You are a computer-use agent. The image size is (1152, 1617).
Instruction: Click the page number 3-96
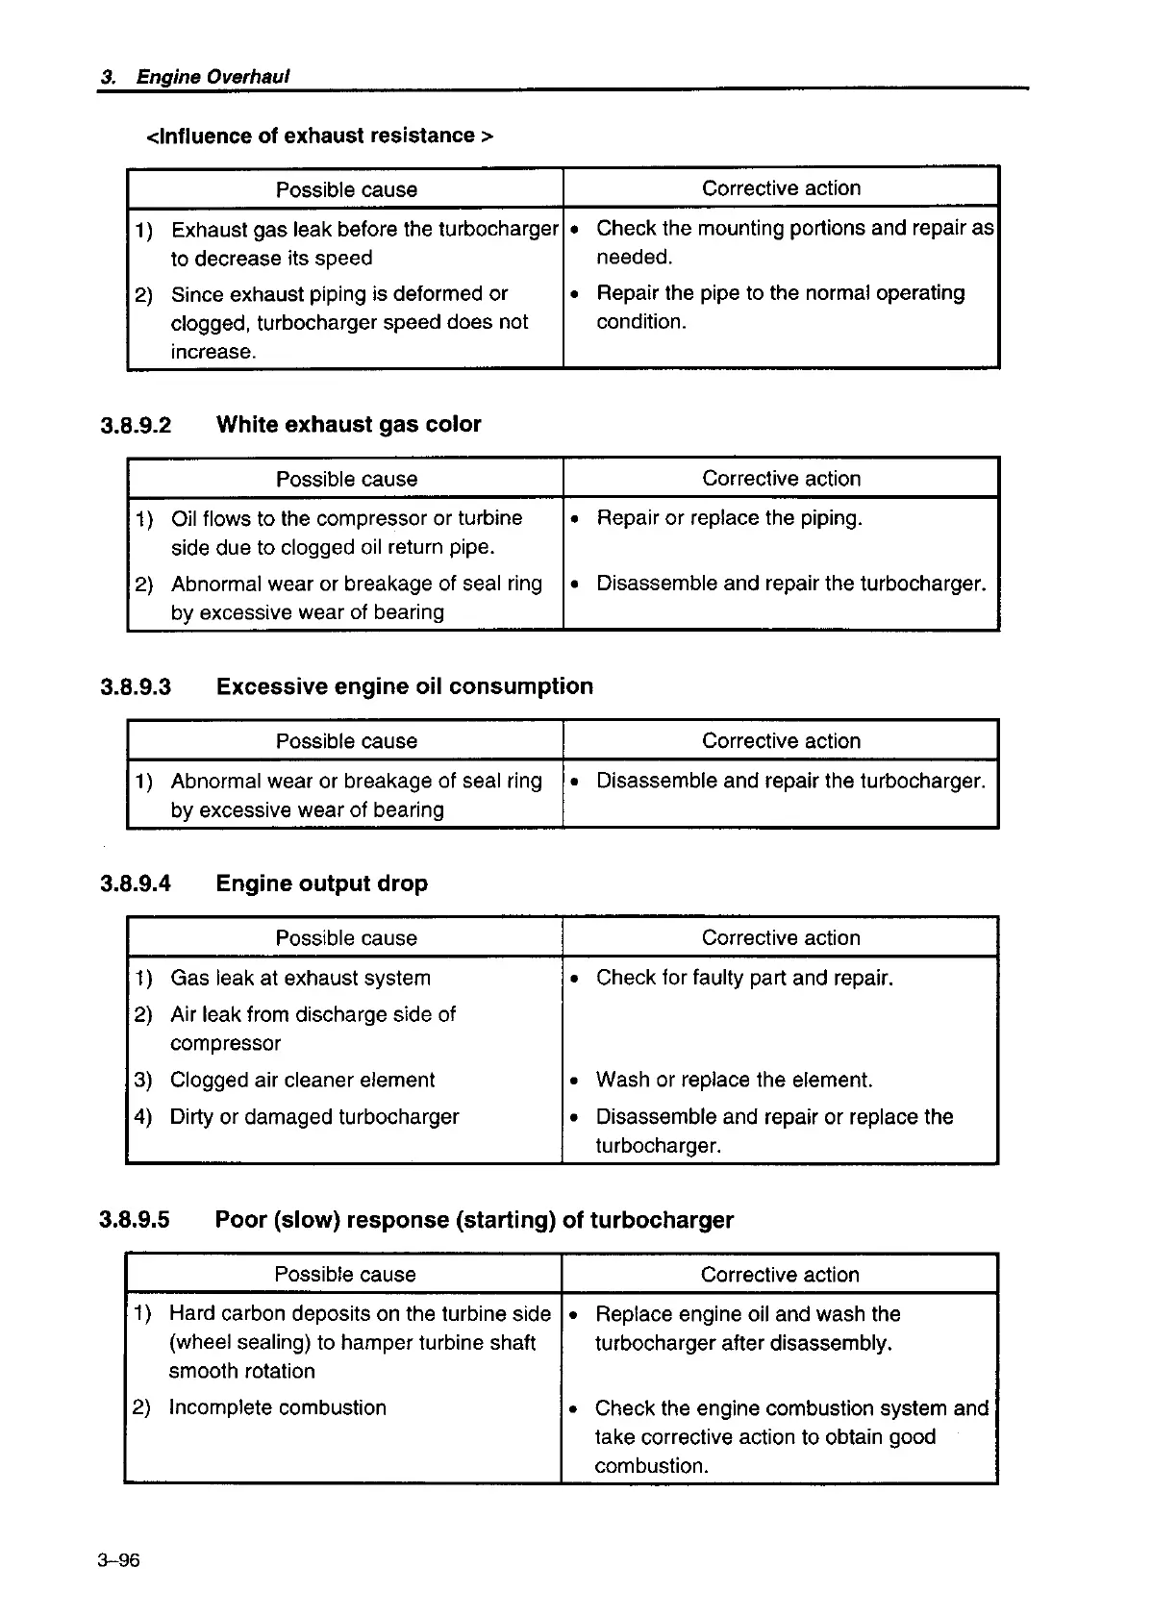(118, 1559)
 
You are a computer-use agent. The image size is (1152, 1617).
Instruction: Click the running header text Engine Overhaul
(213, 77)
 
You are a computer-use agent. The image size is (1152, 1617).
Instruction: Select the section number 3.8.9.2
(136, 425)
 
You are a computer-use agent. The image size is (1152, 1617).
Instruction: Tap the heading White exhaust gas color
(348, 424)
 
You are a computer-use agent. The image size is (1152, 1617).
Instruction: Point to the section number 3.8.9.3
(136, 687)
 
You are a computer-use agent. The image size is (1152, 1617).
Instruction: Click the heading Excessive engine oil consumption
(404, 686)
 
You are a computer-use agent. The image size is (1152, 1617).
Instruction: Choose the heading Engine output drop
(321, 883)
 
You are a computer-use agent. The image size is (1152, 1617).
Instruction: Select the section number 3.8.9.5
(135, 1220)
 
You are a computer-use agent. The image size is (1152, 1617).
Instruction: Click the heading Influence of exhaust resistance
(319, 136)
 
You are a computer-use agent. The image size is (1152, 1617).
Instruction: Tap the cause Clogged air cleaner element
(302, 1080)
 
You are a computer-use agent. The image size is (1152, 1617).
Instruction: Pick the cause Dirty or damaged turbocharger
(314, 1116)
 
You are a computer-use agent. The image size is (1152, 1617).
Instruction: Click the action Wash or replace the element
(734, 1080)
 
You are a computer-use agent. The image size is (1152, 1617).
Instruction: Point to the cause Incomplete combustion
(277, 1407)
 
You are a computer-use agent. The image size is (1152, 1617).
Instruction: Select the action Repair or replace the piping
(729, 518)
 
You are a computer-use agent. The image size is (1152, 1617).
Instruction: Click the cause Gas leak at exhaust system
(300, 978)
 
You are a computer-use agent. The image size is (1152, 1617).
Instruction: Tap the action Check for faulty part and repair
(744, 978)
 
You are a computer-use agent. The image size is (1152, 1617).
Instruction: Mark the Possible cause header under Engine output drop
(346, 938)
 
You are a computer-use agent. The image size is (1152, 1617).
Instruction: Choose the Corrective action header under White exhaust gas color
(781, 479)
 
